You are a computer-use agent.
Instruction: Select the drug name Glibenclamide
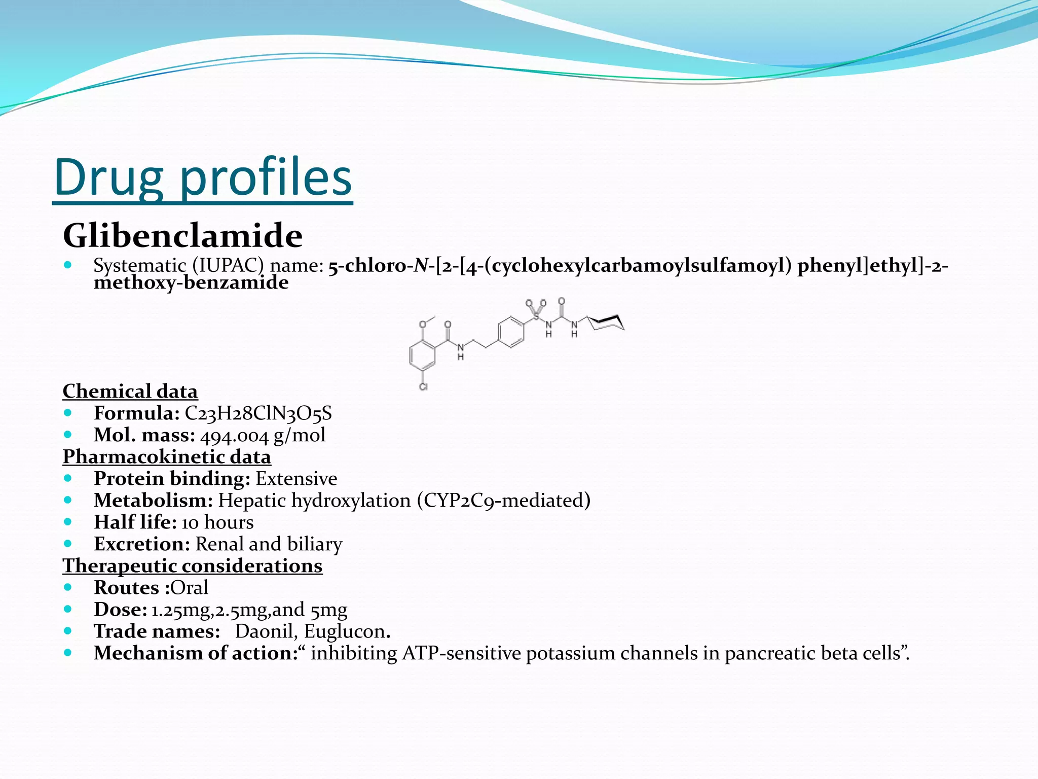tap(182, 236)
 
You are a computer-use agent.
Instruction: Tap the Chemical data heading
tap(130, 392)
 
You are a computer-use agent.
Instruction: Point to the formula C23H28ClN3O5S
tap(258, 413)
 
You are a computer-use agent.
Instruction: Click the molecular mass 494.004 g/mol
tap(263, 435)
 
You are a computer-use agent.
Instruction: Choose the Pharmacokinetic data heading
tap(167, 457)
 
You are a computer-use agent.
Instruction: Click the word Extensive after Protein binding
tap(296, 479)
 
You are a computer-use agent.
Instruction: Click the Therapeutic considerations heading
tap(193, 566)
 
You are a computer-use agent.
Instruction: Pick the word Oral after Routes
tap(189, 588)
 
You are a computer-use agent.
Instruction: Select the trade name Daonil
tap(264, 631)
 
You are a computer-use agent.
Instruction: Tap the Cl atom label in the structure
tap(424, 387)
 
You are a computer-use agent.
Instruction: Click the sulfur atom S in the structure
tap(536, 317)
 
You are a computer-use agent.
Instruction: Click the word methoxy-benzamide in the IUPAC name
tap(191, 282)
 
